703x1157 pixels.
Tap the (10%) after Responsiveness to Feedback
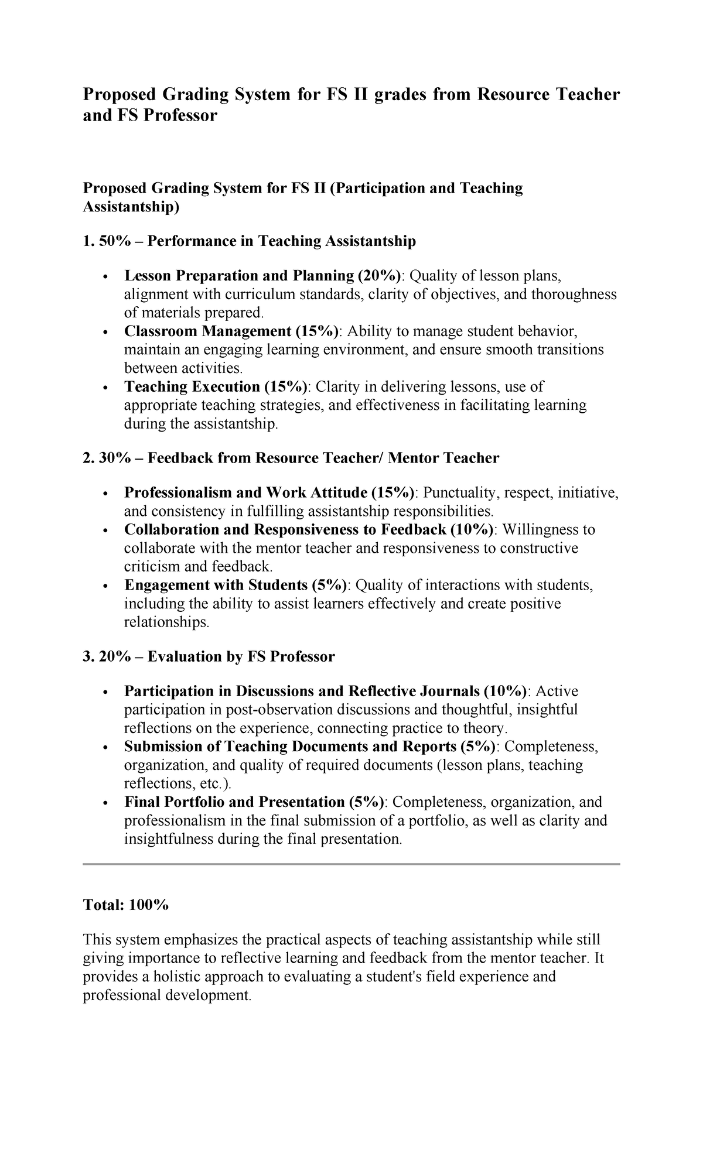pos(472,530)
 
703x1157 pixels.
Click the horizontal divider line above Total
pos(351,864)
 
